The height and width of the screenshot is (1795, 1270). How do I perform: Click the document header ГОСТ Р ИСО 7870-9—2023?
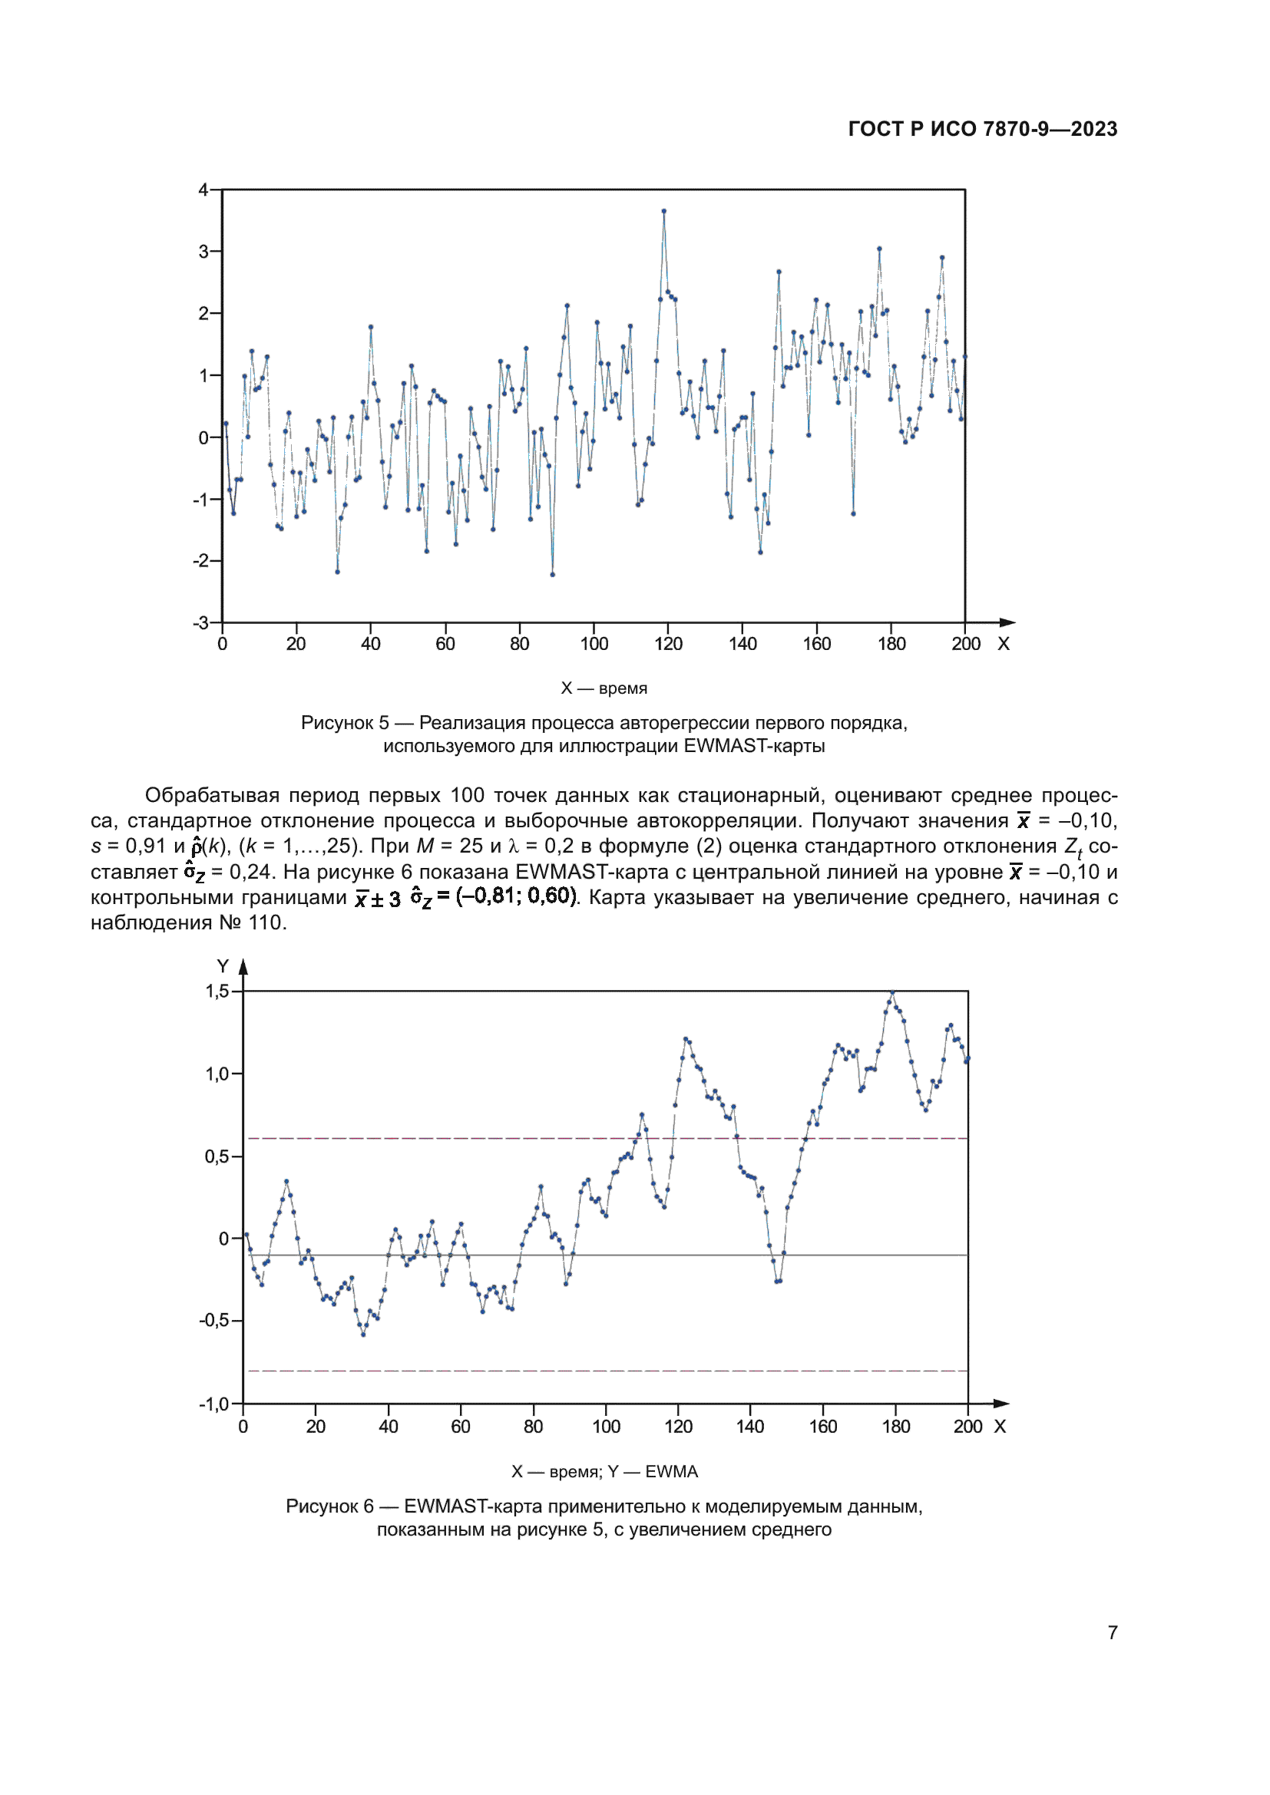tap(982, 129)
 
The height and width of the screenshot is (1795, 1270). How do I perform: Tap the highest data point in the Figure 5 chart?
tap(664, 211)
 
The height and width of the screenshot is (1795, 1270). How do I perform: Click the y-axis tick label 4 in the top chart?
tap(203, 190)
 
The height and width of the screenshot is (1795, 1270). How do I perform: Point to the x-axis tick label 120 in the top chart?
tap(668, 644)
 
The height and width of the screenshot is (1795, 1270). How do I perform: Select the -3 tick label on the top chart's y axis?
tap(201, 623)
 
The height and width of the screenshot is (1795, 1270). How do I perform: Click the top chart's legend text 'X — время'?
tap(604, 688)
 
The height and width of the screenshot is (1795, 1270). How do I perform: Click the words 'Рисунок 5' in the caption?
tap(344, 723)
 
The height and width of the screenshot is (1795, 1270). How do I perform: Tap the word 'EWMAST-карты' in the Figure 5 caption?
tap(754, 747)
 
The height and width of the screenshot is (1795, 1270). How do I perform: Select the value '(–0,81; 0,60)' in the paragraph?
tap(516, 896)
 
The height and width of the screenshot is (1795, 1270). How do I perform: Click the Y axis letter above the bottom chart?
tap(223, 967)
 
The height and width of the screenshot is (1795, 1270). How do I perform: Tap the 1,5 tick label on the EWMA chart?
tap(217, 992)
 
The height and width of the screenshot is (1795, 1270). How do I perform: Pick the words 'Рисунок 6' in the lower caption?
tap(329, 1506)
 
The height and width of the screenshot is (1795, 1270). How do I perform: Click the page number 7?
tap(1112, 1632)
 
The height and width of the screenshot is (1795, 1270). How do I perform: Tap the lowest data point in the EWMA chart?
tap(363, 1335)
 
